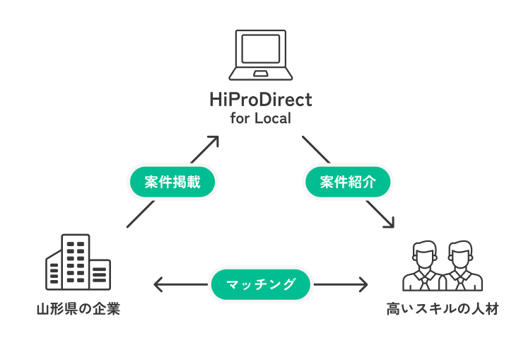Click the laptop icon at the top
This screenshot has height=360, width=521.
[260, 55]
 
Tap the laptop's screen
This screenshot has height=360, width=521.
[260, 49]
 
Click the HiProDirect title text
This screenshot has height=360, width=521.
[261, 100]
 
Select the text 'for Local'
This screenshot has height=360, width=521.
[261, 118]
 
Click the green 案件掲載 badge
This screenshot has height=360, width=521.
[172, 182]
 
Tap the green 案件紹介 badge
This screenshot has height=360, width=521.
[348, 182]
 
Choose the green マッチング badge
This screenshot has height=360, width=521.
[260, 284]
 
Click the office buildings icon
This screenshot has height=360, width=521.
[78, 262]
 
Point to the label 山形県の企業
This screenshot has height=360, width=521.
[78, 309]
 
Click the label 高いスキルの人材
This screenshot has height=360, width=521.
[443, 309]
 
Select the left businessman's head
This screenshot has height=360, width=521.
[424, 255]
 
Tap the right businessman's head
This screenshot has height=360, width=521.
[460, 255]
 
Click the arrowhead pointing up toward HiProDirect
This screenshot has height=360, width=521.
[213, 141]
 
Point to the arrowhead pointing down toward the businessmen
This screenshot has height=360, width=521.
[389, 223]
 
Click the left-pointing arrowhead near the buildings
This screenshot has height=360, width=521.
[158, 284]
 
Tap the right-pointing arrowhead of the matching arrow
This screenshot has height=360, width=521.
[363, 284]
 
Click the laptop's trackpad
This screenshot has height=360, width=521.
[260, 74]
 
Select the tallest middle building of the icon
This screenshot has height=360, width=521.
[76, 262]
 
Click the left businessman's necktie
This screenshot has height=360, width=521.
[424, 282]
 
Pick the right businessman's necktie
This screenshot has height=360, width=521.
[460, 282]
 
